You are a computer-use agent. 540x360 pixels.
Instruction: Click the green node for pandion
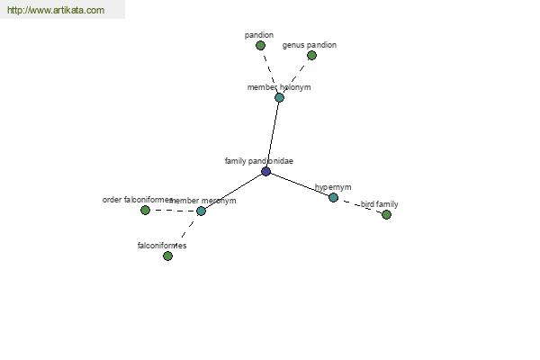[260, 45]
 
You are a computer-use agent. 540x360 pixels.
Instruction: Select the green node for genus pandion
[311, 55]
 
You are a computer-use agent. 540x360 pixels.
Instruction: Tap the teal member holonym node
[279, 97]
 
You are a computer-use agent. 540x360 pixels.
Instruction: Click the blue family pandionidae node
[265, 171]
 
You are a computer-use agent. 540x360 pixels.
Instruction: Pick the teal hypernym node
[333, 197]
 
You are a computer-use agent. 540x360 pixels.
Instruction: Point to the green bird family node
[386, 214]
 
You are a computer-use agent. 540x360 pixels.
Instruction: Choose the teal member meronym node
[201, 211]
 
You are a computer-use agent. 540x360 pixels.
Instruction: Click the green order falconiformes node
[145, 210]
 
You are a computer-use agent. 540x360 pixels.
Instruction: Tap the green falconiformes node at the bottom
[167, 256]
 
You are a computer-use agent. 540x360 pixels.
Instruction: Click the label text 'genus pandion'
[310, 45]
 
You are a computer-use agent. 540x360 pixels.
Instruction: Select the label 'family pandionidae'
[259, 161]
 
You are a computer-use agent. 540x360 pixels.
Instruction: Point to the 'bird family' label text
[379, 204]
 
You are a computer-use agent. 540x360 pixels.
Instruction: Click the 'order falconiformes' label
[138, 200]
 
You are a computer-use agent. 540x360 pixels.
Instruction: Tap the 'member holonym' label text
[279, 87]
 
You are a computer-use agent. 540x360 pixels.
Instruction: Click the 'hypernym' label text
[333, 187]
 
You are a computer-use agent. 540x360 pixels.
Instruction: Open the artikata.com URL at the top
[56, 10]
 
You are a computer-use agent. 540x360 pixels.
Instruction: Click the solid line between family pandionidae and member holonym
[273, 134]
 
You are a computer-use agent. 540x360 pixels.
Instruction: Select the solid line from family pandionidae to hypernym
[300, 184]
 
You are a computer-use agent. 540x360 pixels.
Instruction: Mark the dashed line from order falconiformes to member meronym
[173, 210]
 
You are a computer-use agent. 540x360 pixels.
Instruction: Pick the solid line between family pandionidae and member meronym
[233, 191]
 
